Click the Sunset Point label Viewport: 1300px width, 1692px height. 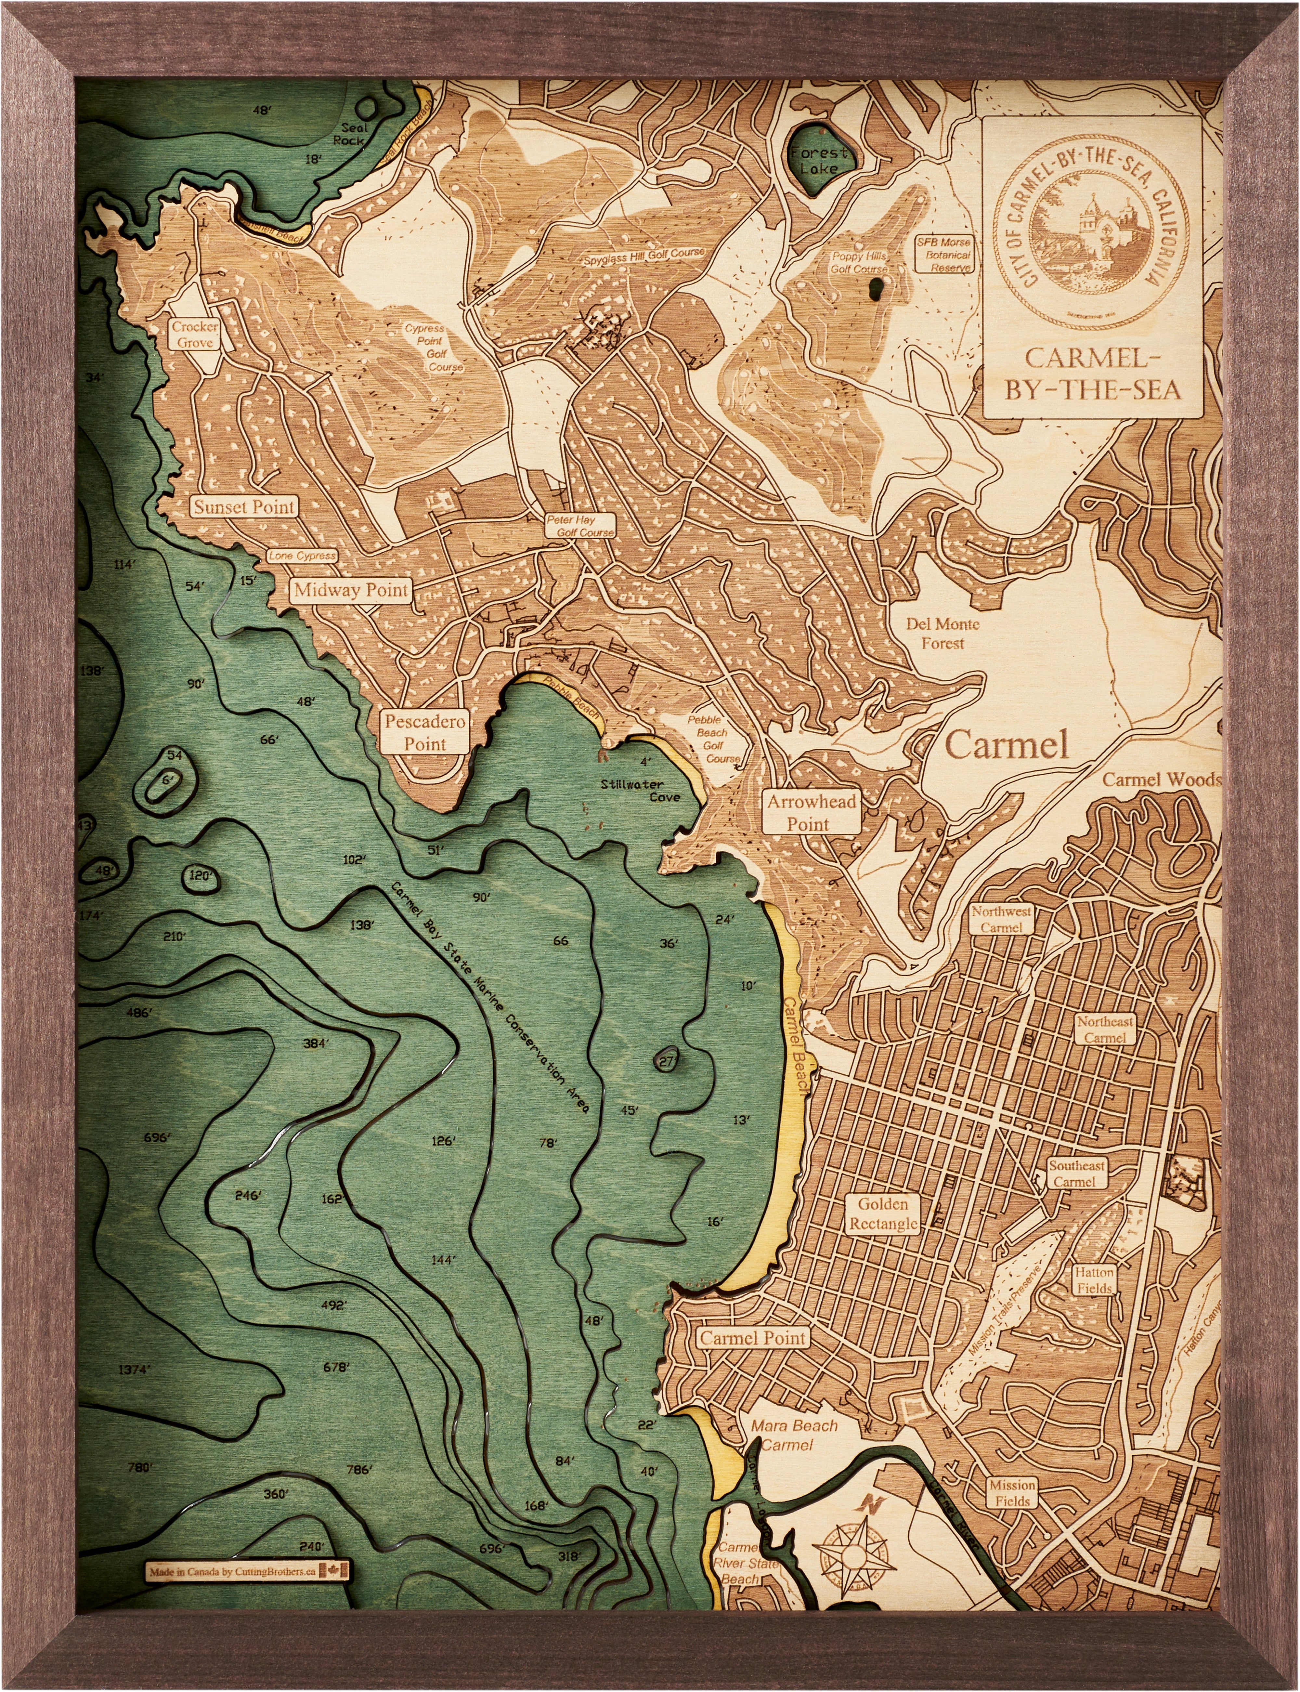(x=244, y=507)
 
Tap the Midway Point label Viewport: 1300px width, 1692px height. (x=351, y=590)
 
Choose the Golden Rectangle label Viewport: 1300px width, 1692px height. (x=883, y=1214)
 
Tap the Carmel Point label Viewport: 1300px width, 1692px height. (x=753, y=1337)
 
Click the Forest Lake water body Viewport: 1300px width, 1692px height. (x=818, y=160)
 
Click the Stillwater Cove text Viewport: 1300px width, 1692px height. (x=641, y=790)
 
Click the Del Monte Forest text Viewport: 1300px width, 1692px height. (x=942, y=633)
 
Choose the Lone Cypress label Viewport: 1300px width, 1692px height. (x=302, y=556)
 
